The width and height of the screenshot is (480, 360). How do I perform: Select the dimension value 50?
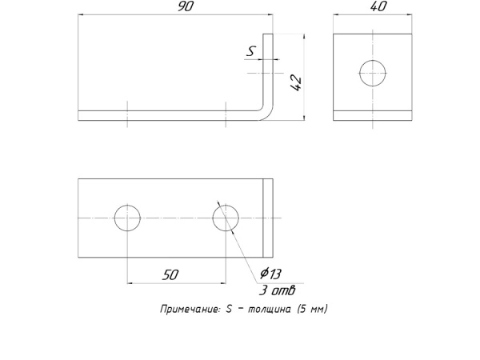click(170, 274)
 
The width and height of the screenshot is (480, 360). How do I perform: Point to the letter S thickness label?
click(251, 51)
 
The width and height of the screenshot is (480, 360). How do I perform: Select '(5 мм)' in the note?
click(312, 309)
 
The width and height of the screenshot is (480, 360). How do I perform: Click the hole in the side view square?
click(373, 74)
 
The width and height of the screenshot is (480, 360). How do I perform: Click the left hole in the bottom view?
click(127, 218)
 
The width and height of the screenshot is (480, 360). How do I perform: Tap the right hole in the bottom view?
click(226, 218)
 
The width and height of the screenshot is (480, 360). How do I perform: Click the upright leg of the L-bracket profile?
click(271, 72)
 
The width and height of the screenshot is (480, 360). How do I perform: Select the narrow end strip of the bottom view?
click(269, 218)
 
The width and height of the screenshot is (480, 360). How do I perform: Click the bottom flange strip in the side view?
click(373, 114)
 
